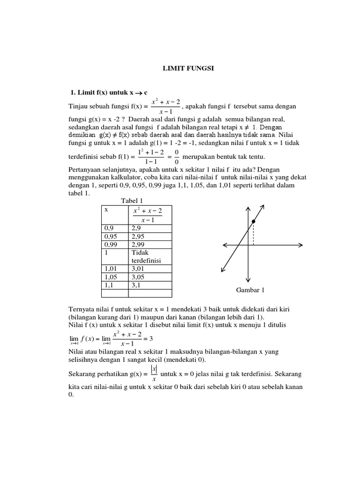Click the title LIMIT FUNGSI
pos(187,68)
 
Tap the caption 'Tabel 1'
pos(133,201)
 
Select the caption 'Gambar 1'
pos(250,290)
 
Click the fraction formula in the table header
pos(147,216)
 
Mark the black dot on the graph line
pos(253,221)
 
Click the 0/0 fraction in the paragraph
pos(176,157)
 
